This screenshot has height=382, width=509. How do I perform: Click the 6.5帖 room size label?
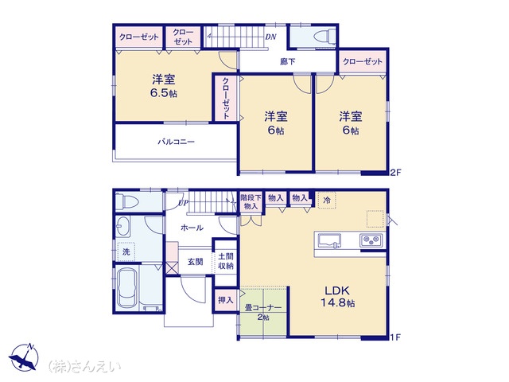click(x=164, y=94)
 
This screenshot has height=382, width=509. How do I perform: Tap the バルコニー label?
click(x=177, y=142)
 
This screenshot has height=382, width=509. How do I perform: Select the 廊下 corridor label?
click(x=288, y=61)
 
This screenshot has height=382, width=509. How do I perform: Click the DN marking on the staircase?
click(x=270, y=37)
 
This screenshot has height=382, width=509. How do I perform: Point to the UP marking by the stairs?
click(x=183, y=204)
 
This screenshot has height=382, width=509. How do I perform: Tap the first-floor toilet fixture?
click(x=127, y=201)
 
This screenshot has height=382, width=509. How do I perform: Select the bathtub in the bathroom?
click(x=127, y=288)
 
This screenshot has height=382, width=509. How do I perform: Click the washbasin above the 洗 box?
click(x=123, y=226)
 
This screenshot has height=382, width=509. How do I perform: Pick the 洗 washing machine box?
click(x=126, y=251)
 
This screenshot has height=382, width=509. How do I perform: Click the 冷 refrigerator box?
click(x=327, y=200)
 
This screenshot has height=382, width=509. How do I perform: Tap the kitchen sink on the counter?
click(x=329, y=241)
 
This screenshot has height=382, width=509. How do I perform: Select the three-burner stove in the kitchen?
click(x=371, y=240)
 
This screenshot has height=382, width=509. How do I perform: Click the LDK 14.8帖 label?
click(x=337, y=297)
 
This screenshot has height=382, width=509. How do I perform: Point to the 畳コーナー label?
click(x=263, y=308)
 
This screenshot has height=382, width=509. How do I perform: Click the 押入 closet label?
click(x=225, y=299)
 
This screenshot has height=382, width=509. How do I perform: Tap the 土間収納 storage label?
click(x=226, y=261)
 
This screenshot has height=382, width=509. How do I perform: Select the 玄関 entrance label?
click(x=195, y=262)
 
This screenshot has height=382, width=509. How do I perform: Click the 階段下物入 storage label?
click(x=251, y=201)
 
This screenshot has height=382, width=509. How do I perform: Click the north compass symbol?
click(x=24, y=357)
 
